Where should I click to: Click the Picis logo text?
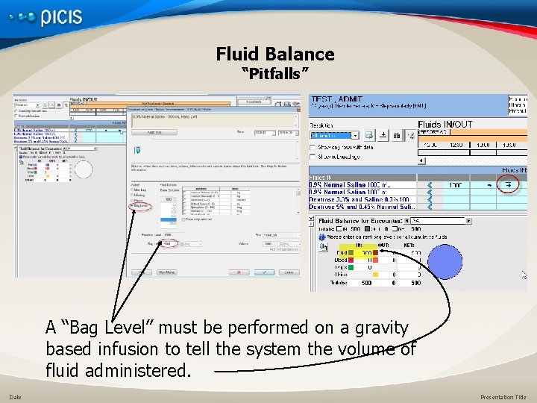tap(61, 18)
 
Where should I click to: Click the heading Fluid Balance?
tap(275, 54)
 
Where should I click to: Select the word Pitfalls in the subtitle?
tap(275, 74)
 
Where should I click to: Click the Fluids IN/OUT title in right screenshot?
tap(445, 125)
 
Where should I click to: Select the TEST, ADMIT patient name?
tap(337, 99)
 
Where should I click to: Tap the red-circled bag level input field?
tap(169, 243)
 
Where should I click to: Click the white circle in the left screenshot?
tap(84, 170)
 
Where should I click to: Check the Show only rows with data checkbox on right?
tap(313, 148)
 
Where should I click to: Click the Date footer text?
tap(15, 397)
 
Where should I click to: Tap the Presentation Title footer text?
tap(503, 397)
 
